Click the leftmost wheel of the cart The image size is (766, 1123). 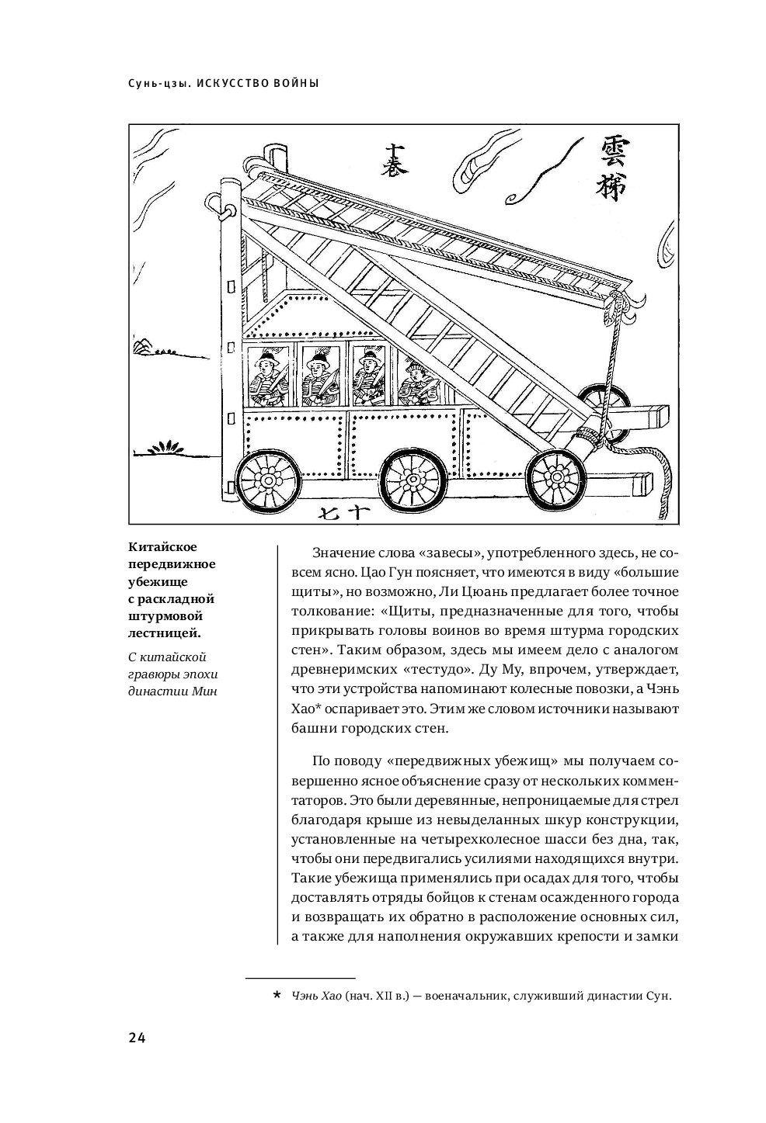pos(264,480)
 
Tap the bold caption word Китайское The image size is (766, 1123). pos(166,546)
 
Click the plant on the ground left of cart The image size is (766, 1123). pos(171,448)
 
